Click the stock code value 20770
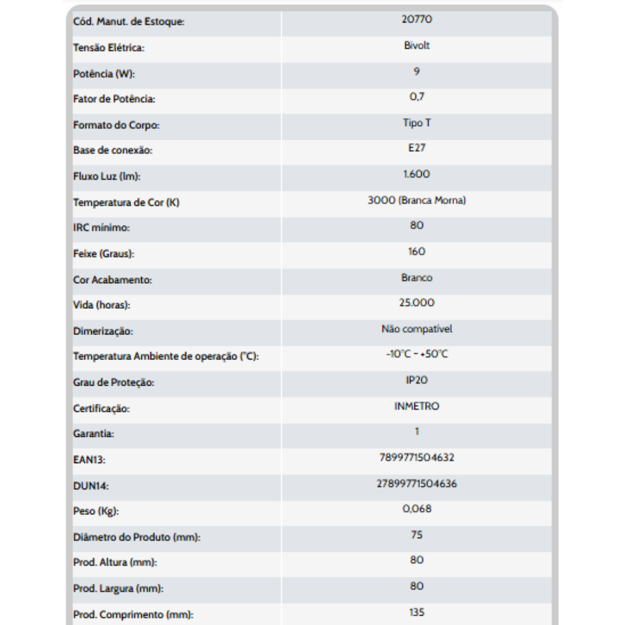pos(417,19)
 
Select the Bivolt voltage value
pos(417,46)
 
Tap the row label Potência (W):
pos(104,74)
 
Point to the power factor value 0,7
pos(417,97)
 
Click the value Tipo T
pos(417,123)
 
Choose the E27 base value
pos(417,149)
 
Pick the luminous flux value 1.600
pos(417,174)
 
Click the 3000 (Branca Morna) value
pos(417,201)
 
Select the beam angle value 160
pos(417,251)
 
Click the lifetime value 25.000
pos(417,303)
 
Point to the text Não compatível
pos(417,329)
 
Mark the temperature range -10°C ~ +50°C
pos(417,354)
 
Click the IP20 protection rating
pos(417,380)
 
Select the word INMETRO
pos(417,406)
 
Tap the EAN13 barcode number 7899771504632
pos(417,457)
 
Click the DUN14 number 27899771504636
pos(417,483)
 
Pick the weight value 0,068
pos(417,509)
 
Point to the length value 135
pos(417,612)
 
